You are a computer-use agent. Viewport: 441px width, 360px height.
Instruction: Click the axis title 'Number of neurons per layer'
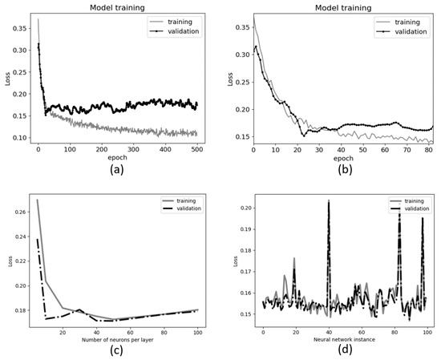[118, 339]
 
